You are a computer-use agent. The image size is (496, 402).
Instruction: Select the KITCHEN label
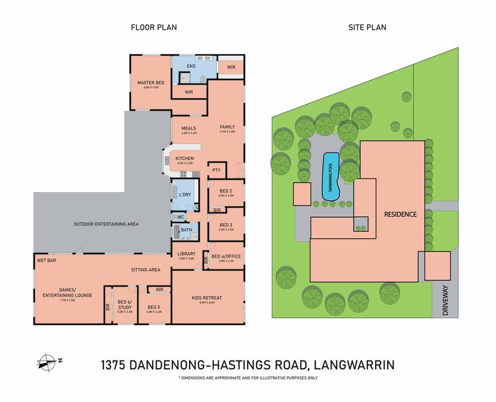(x=184, y=159)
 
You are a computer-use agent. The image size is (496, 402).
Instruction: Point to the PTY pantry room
(x=217, y=170)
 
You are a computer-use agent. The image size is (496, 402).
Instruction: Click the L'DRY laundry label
(x=185, y=194)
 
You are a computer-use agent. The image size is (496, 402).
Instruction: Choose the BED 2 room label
(x=226, y=191)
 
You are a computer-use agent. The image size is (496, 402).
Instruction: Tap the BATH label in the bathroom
(x=187, y=230)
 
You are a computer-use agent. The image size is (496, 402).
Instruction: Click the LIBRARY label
(x=187, y=254)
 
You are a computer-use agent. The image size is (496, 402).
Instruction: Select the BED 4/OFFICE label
(x=226, y=256)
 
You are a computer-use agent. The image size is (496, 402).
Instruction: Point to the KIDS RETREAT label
(x=207, y=298)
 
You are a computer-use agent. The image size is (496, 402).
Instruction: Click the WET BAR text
(x=46, y=261)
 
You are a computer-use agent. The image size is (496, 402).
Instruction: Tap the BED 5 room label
(x=154, y=307)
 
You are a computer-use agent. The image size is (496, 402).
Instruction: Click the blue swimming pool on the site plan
(x=330, y=176)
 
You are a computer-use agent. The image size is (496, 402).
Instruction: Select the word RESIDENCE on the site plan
(x=400, y=214)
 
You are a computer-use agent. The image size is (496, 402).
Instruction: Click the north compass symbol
(x=47, y=361)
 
